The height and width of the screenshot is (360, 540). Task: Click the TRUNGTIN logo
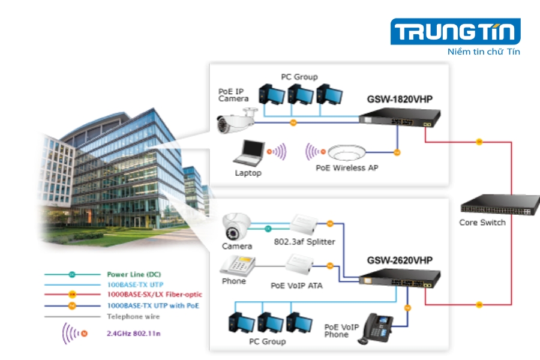click(x=455, y=31)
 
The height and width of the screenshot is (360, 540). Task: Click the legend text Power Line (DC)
click(x=134, y=274)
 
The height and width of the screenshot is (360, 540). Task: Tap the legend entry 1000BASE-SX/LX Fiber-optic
click(x=154, y=295)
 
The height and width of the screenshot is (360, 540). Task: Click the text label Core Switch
click(x=482, y=223)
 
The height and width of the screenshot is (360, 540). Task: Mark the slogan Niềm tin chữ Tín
click(x=484, y=52)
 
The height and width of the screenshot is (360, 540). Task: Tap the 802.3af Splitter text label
click(x=304, y=242)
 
